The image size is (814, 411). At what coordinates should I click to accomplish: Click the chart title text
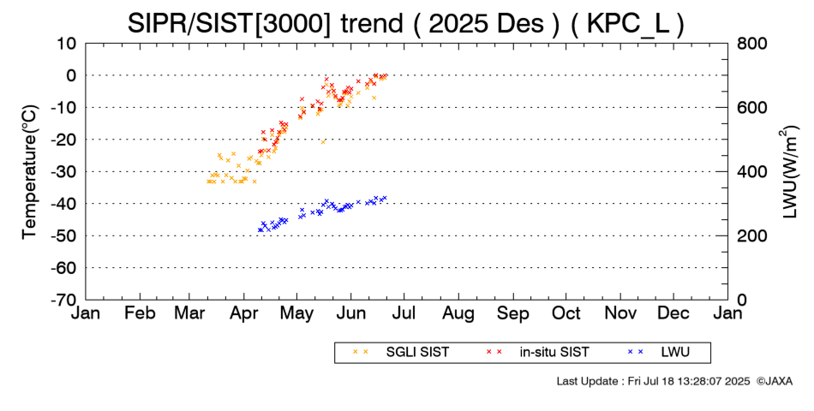(x=405, y=23)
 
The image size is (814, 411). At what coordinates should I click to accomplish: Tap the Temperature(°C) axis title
(x=30, y=171)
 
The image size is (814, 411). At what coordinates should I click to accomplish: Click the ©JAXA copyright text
(x=774, y=380)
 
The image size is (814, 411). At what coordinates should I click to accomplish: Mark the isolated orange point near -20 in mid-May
(x=323, y=141)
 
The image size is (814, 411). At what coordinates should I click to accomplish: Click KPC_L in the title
(x=632, y=23)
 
